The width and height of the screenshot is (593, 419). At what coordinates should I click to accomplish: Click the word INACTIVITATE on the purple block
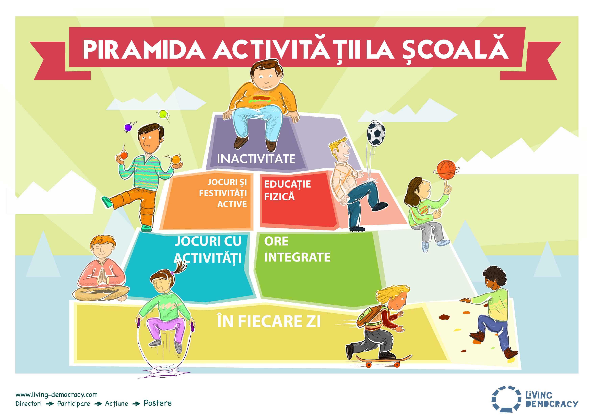tap(256, 159)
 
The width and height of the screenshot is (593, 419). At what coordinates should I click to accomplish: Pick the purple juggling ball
tap(128, 127)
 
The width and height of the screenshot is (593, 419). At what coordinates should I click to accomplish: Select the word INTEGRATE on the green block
tap(297, 257)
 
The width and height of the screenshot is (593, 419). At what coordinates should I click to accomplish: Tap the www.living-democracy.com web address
tap(57, 395)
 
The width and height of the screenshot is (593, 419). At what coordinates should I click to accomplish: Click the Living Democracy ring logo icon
tap(506, 399)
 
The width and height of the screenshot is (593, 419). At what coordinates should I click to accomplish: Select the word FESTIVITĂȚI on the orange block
tap(223, 193)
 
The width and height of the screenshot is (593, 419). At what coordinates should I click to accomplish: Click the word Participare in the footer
tap(74, 403)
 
